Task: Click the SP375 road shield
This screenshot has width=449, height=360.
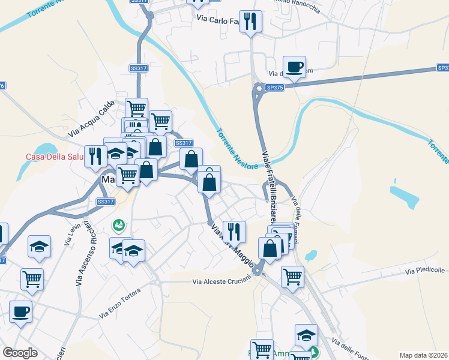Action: pyautogui.click(x=274, y=88)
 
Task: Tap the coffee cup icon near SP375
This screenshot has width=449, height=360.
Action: pyautogui.click(x=294, y=67)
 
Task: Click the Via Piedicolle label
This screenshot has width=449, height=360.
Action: pyautogui.click(x=426, y=272)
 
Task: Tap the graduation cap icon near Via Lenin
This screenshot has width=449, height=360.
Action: pyautogui.click(x=40, y=247)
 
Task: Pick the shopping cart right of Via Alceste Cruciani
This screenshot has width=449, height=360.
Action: pyautogui.click(x=292, y=277)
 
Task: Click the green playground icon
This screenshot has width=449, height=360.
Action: pyautogui.click(x=119, y=225)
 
